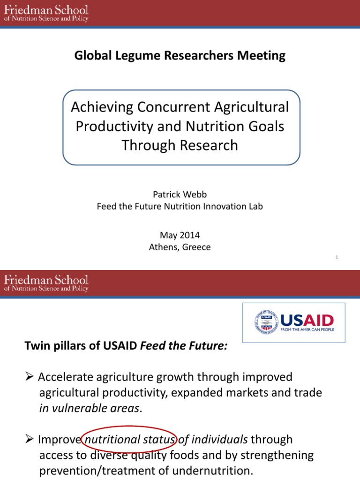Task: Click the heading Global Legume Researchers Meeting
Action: tap(180, 56)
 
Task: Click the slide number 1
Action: tap(337, 257)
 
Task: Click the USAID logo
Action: tap(294, 322)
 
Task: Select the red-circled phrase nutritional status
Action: tap(128, 440)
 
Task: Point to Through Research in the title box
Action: tap(180, 145)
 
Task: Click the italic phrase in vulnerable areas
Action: tap(90, 408)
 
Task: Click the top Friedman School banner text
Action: tap(46, 14)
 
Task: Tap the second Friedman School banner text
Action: tap(46, 284)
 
